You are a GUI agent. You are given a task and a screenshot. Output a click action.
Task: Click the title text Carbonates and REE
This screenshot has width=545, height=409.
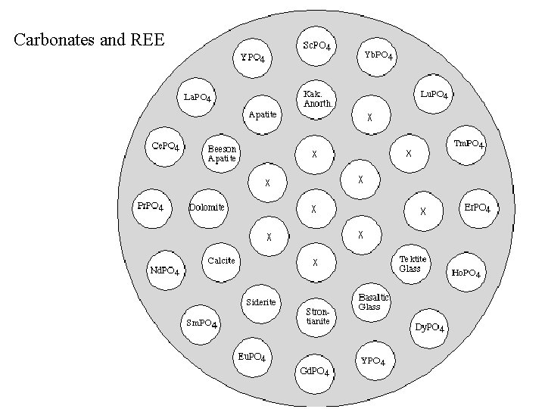pyautogui.click(x=89, y=39)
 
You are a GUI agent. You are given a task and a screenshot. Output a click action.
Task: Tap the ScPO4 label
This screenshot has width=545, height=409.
pyautogui.click(x=316, y=46)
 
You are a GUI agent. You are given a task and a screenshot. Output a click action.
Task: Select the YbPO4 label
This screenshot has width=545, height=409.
pyautogui.click(x=378, y=55)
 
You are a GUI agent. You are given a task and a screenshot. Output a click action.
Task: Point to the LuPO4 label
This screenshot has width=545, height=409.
pyautogui.click(x=435, y=95)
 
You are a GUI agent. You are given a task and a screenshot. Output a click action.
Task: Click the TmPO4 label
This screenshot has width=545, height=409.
pyautogui.click(x=469, y=144)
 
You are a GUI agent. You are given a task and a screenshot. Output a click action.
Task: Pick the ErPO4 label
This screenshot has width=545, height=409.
pyautogui.click(x=477, y=208)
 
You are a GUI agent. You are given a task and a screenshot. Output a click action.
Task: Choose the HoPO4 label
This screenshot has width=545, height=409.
pyautogui.click(x=466, y=273)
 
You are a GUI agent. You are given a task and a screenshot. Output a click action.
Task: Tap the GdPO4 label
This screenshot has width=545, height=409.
pyautogui.click(x=314, y=371)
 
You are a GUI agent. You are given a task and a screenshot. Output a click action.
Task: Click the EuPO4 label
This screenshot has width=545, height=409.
pyautogui.click(x=251, y=357)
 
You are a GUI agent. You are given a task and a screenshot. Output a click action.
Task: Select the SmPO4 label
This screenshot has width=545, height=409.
pyautogui.click(x=202, y=324)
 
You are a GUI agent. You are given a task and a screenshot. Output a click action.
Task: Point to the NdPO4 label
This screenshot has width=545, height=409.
pyautogui.click(x=164, y=270)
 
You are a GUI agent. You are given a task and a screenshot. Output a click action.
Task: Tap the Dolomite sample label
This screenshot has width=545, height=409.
pyautogui.click(x=207, y=207)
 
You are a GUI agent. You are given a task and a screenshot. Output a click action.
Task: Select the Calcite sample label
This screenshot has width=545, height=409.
pyautogui.click(x=221, y=261)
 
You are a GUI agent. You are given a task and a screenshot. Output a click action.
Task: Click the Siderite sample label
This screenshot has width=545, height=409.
pyautogui.click(x=261, y=303)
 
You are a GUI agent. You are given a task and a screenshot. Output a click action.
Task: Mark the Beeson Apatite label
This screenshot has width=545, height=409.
pyautogui.click(x=223, y=154)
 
